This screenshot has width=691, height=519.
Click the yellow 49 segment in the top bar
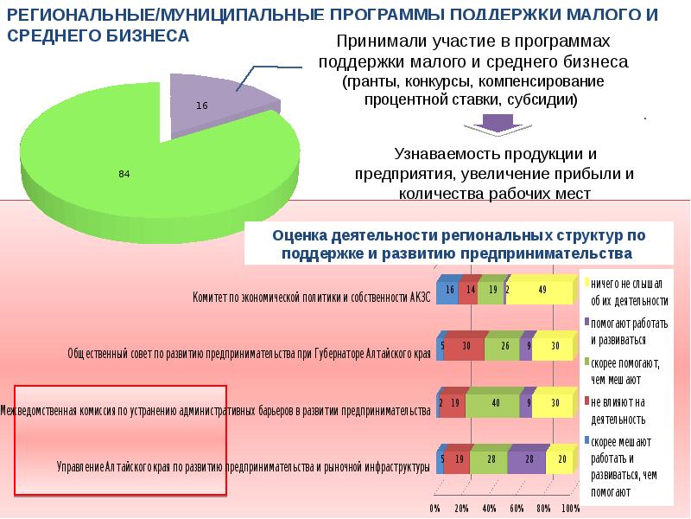click(x=541, y=291)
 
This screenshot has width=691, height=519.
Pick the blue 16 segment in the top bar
click(x=447, y=291)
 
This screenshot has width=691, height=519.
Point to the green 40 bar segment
click(x=494, y=402)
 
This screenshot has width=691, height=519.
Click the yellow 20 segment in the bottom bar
click(x=561, y=459)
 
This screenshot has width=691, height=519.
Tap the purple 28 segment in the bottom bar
click(x=527, y=459)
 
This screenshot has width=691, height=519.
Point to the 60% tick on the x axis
click(x=517, y=508)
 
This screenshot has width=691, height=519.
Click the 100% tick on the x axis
click(x=571, y=508)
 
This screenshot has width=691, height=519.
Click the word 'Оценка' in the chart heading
click(x=298, y=235)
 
